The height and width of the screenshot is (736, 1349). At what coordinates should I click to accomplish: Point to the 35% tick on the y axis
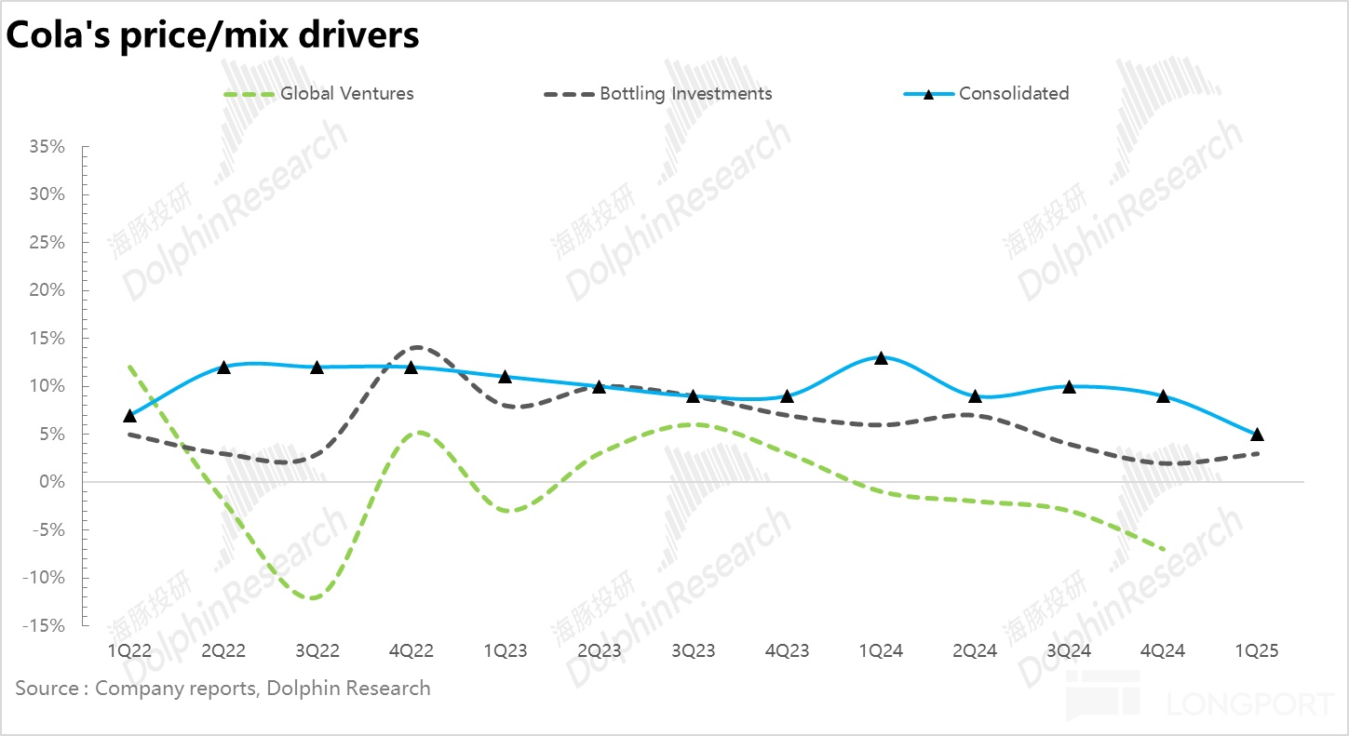(x=46, y=147)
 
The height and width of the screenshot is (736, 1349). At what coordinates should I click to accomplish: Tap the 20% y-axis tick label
(x=46, y=290)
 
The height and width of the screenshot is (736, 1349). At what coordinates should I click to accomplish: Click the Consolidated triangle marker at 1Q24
(x=881, y=358)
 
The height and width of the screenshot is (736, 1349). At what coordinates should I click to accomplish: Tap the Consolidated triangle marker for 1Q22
(x=129, y=415)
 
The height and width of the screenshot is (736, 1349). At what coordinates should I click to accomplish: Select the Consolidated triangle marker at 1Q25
(x=1257, y=435)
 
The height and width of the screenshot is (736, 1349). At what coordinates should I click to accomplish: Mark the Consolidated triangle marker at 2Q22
(x=223, y=368)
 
